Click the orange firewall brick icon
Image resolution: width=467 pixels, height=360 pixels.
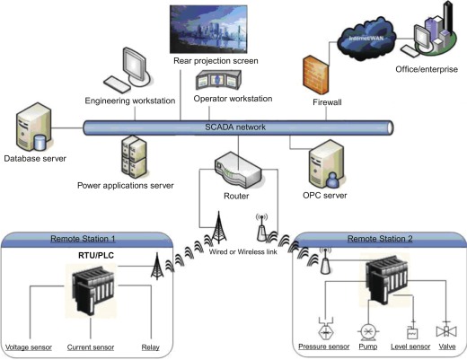click(x=315, y=75)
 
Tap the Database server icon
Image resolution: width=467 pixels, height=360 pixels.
click(x=34, y=127)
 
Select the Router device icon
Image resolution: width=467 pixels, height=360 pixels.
click(x=238, y=170)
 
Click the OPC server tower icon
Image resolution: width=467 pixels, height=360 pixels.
click(x=326, y=164)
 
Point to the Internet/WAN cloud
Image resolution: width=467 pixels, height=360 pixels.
click(x=366, y=39)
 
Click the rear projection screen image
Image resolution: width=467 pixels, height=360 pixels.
click(x=208, y=29)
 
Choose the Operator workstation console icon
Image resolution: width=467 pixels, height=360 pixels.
click(x=218, y=80)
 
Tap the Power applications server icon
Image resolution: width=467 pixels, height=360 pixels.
click(x=134, y=157)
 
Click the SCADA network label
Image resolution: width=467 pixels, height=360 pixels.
click(x=235, y=127)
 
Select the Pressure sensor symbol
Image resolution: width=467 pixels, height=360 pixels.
click(x=325, y=329)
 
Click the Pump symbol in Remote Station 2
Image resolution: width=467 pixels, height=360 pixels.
click(x=368, y=332)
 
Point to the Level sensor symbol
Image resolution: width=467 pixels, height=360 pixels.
click(x=412, y=330)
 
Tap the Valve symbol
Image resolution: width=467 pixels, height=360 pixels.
click(x=446, y=330)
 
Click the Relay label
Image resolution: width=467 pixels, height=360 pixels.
click(x=150, y=347)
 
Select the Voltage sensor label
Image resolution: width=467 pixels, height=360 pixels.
click(x=29, y=347)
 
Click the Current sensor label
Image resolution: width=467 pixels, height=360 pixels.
click(x=91, y=347)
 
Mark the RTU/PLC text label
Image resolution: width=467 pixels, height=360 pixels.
click(x=96, y=255)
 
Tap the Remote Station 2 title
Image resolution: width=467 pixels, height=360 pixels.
click(x=380, y=239)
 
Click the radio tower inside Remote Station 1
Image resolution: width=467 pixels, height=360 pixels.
click(x=157, y=267)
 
